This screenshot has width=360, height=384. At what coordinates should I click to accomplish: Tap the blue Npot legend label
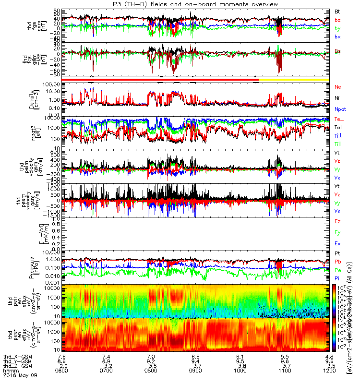click(x=340, y=109)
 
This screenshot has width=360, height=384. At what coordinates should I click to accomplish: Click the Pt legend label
click(x=337, y=253)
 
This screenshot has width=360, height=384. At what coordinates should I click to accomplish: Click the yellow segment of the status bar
click(x=294, y=79)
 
